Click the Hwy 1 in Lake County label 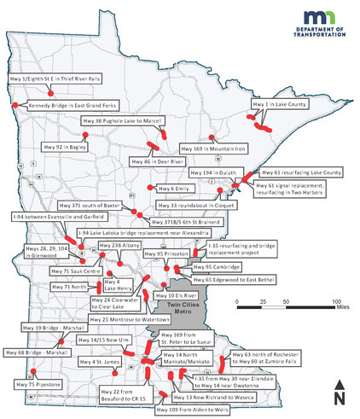tap(279, 104)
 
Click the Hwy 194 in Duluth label tap(216, 172)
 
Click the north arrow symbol tap(339, 393)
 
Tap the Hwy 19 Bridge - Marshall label tap(45, 326)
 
